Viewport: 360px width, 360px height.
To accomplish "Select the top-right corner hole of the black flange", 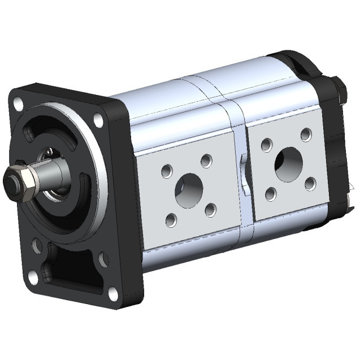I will tap(99, 120).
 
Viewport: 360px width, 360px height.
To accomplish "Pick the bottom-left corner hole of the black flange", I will tap(33, 277).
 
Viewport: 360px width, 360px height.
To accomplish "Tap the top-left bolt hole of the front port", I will tap(167, 169).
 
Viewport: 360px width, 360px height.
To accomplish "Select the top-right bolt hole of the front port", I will tap(207, 160).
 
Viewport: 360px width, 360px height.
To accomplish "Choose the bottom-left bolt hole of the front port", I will tap(171, 219).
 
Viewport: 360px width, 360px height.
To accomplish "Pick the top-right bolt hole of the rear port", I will tap(306, 135).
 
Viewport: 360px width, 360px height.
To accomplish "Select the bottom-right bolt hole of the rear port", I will tap(309, 184).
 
